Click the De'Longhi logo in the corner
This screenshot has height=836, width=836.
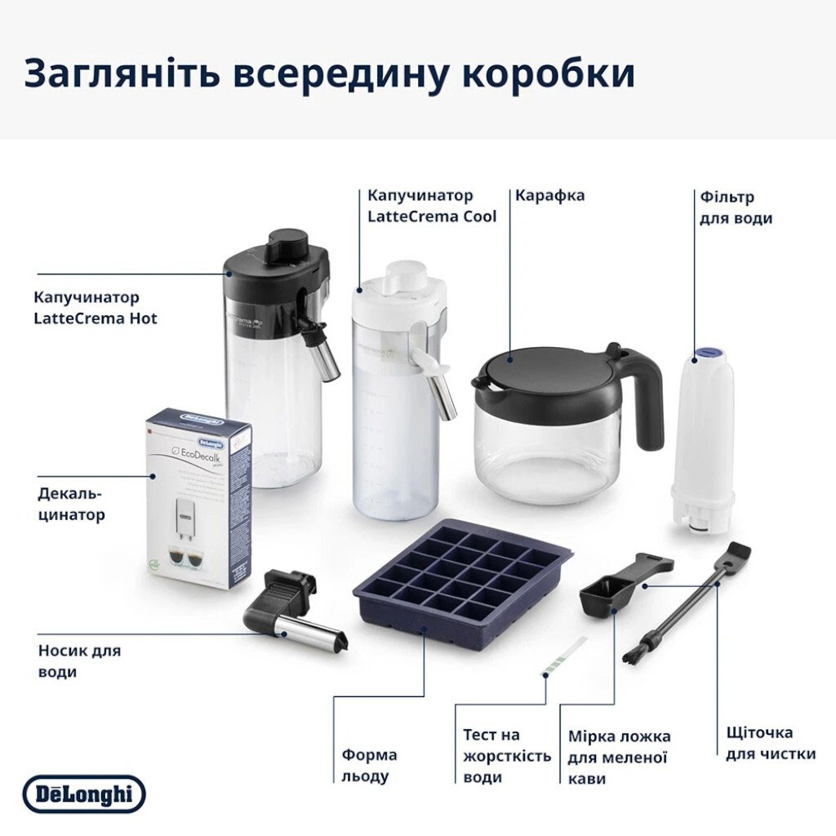click(84, 794)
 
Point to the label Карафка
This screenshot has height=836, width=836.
click(549, 196)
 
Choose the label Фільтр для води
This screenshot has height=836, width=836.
click(736, 207)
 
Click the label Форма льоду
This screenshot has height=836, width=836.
click(369, 765)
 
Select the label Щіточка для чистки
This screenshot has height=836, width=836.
click(770, 743)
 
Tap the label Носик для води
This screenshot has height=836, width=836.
click(79, 660)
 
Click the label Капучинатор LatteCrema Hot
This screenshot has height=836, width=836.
click(96, 308)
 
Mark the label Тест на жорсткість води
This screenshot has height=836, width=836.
click(506, 756)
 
